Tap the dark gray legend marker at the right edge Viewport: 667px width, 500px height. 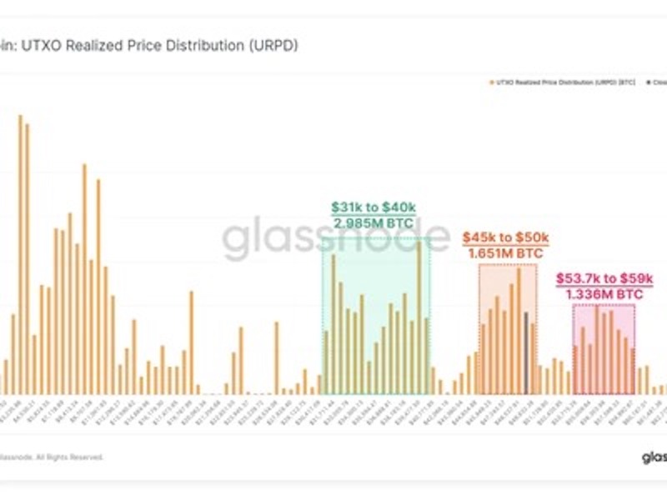click(646, 82)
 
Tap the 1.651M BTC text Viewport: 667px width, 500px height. click(507, 252)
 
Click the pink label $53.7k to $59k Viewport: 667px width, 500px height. click(604, 278)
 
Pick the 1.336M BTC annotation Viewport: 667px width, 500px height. click(604, 294)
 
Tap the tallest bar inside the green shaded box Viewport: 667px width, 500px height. click(419, 317)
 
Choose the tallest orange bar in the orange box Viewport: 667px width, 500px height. click(519, 330)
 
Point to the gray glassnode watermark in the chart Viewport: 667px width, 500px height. click(333, 237)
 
